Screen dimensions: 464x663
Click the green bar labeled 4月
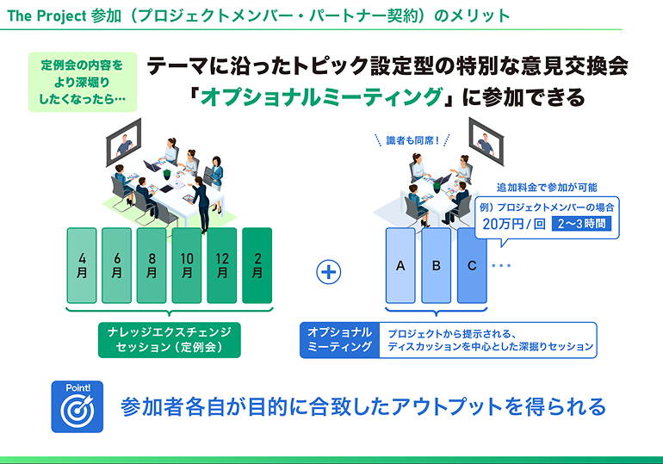pyautogui.click(x=82, y=265)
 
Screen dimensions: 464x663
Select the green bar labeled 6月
pyautogui.click(x=117, y=265)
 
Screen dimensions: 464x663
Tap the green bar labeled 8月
pyautogui.click(x=152, y=265)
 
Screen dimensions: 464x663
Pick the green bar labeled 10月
pyautogui.click(x=187, y=265)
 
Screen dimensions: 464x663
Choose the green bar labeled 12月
pyautogui.click(x=222, y=265)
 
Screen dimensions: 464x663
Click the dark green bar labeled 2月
pyautogui.click(x=257, y=265)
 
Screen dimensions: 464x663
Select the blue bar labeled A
pyautogui.click(x=400, y=265)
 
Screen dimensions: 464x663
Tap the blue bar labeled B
pyautogui.click(x=436, y=265)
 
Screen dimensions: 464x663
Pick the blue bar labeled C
pyautogui.click(x=472, y=265)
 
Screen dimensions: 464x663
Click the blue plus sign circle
pyautogui.click(x=329, y=272)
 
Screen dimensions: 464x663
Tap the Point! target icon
pyautogui.click(x=77, y=405)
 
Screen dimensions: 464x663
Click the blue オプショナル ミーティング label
pyautogui.click(x=340, y=339)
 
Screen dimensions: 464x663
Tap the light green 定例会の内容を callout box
pyautogui.click(x=82, y=83)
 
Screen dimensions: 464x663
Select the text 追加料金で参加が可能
pyautogui.click(x=547, y=187)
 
